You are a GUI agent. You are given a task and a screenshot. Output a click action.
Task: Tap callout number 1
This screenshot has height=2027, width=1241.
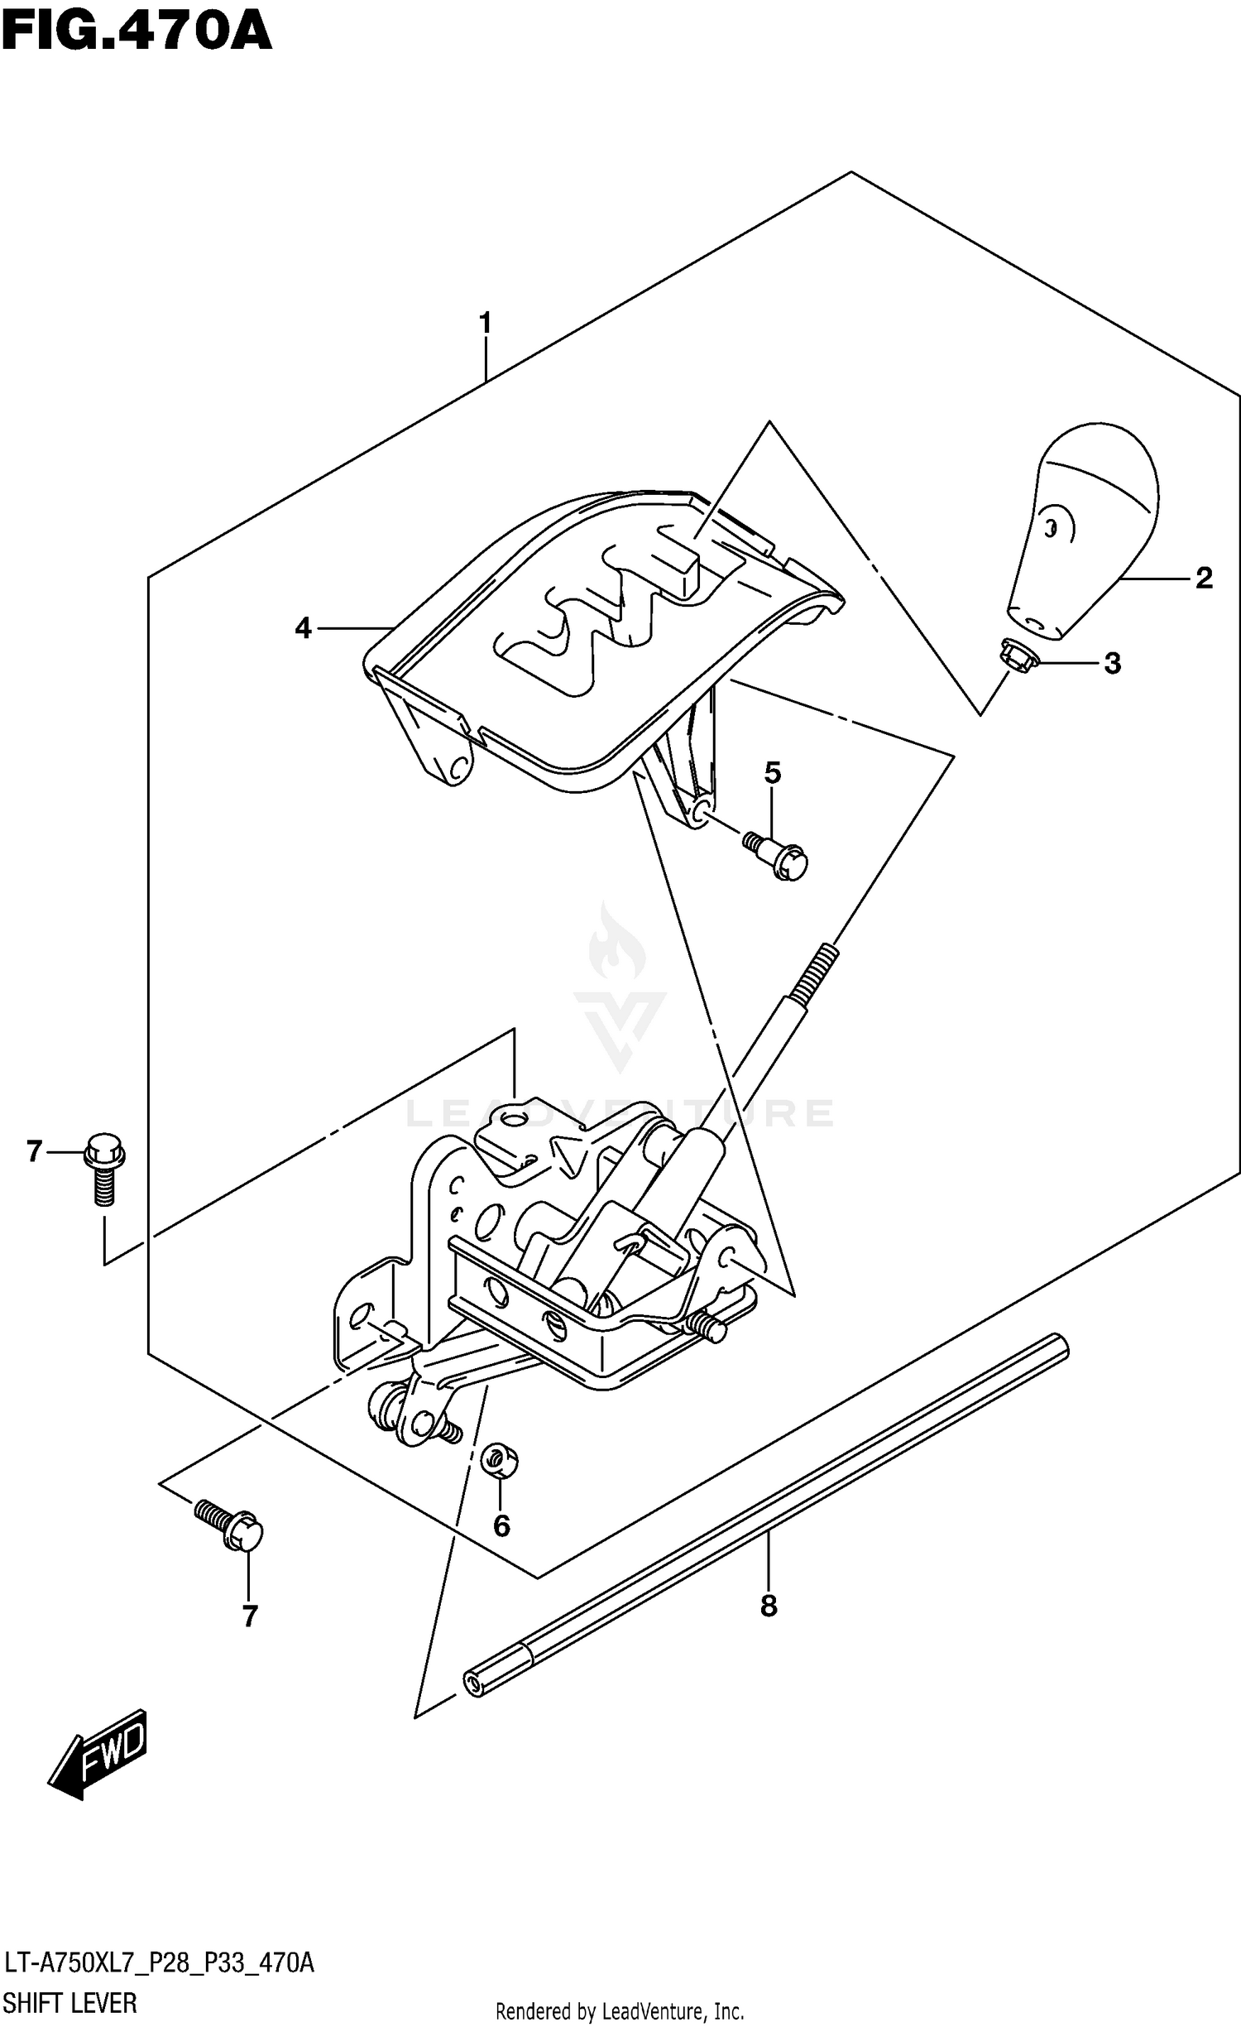click(x=485, y=323)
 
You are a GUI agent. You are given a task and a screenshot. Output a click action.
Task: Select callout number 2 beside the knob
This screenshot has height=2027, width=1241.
click(x=1204, y=578)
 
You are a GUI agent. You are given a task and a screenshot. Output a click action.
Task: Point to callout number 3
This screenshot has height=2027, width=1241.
click(x=1112, y=663)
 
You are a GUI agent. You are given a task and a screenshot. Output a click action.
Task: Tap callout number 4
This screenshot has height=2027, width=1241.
click(x=304, y=629)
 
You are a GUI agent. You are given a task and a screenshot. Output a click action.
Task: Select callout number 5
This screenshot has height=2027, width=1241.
click(x=772, y=773)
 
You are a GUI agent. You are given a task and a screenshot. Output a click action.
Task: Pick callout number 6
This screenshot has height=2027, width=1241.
click(x=501, y=1525)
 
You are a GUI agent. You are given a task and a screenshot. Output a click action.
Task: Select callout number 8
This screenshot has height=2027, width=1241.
click(x=769, y=1606)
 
